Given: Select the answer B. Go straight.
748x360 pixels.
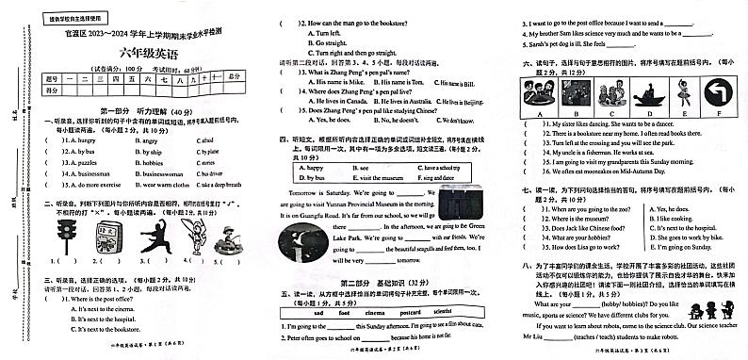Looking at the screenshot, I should tap(328, 43).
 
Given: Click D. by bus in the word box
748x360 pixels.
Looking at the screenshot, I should tap(310, 177).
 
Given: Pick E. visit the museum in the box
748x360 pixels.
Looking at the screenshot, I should tap(381, 177).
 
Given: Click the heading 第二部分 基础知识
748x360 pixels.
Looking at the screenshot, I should tap(379, 281).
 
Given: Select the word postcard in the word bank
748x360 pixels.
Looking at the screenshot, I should tap(403, 312).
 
